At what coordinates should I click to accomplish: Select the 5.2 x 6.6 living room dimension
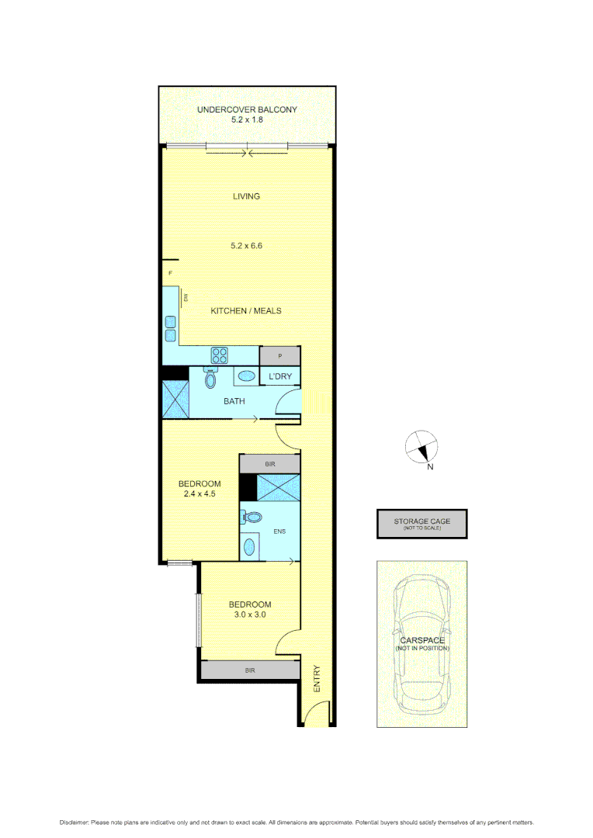pos(247,246)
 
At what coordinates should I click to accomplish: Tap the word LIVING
pos(247,196)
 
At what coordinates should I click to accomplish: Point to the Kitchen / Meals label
pos(246,310)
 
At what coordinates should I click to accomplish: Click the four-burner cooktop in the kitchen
pos(220,355)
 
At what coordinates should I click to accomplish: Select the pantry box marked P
pos(279,355)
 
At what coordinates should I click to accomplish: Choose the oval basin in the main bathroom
pos(246,376)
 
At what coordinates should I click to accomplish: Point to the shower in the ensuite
pos(277,487)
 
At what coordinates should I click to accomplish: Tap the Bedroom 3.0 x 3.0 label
pos(249,609)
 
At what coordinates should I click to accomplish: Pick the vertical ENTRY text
pos(317,679)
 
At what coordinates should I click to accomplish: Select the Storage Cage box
pos(421,524)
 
